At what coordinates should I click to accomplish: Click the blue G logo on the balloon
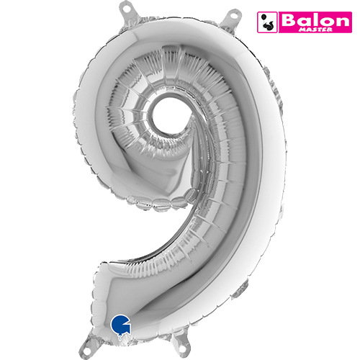(x=120, y=324)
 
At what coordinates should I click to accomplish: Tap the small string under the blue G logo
(x=120, y=337)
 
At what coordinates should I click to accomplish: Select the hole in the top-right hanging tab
(x=233, y=14)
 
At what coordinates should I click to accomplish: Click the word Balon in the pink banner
(x=315, y=20)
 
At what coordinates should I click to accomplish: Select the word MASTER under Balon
(x=315, y=30)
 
